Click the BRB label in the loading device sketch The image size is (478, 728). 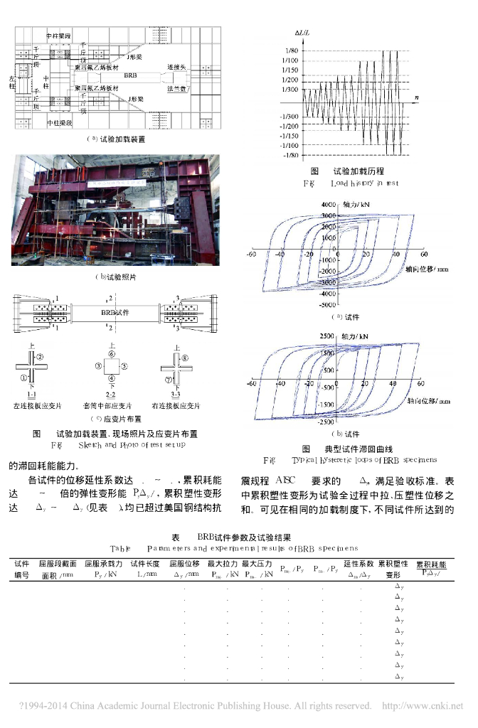pos(131,75)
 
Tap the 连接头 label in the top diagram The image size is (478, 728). pos(176,66)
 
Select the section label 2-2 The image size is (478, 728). pos(110,394)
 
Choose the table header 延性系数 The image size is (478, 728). pos(358,563)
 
